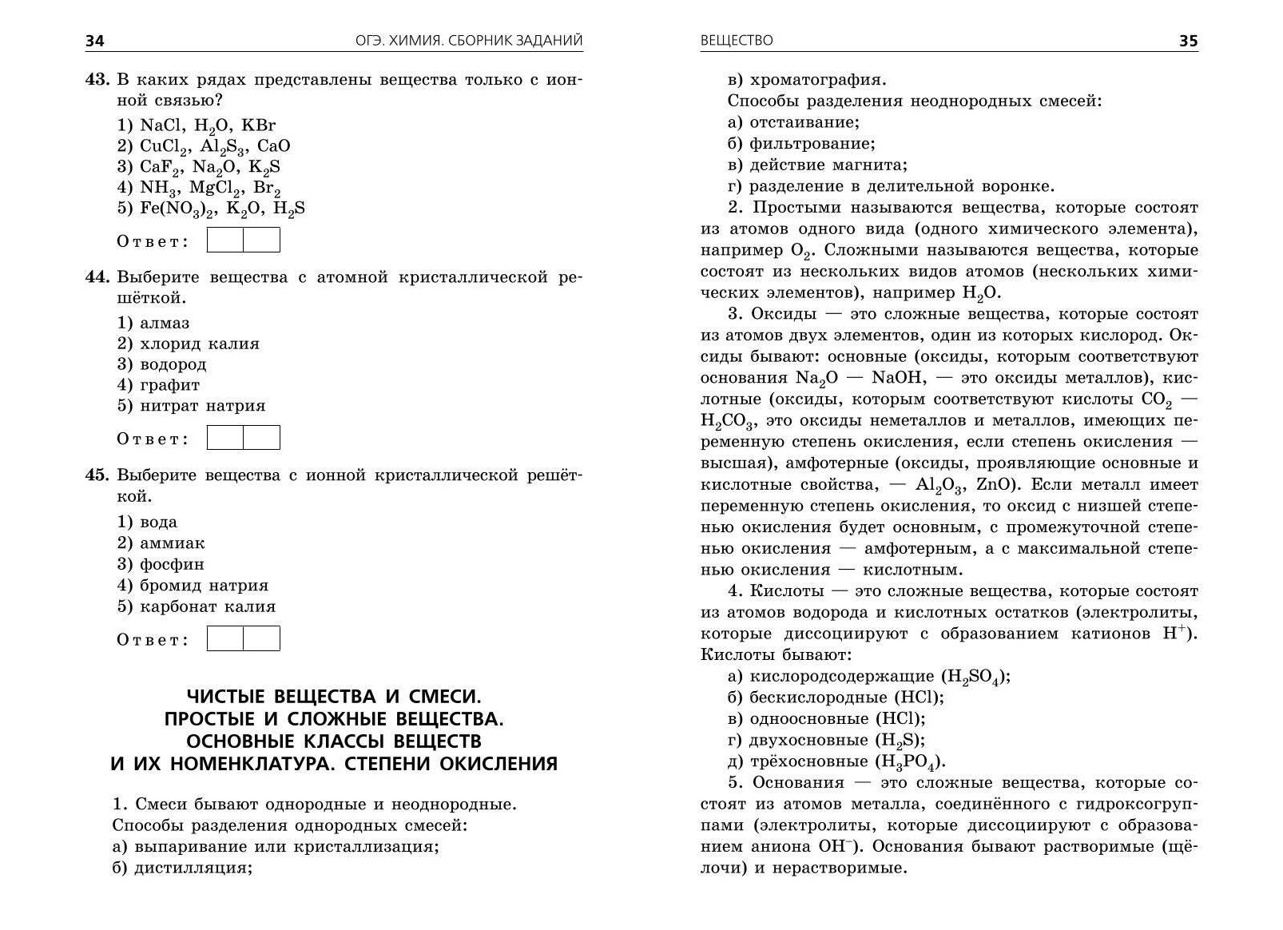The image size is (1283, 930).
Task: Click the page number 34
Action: click(x=95, y=41)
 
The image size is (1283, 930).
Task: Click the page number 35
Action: click(x=1188, y=41)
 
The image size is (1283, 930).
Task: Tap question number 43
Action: click(x=97, y=80)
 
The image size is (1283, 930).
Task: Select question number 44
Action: click(x=97, y=277)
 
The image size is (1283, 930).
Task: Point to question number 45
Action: click(x=97, y=475)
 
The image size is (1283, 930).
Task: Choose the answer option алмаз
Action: click(x=165, y=324)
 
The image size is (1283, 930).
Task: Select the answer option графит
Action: click(x=169, y=385)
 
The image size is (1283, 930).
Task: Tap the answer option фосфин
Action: click(x=172, y=564)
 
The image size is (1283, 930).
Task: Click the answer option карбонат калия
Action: click(x=208, y=606)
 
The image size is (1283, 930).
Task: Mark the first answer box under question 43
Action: click(x=225, y=240)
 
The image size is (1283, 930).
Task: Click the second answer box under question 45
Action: click(x=261, y=638)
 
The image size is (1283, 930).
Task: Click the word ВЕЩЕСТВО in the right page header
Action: click(x=737, y=41)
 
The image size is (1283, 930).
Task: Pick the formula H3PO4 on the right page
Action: click(x=910, y=761)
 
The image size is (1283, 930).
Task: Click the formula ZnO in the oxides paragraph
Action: click(x=995, y=485)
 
